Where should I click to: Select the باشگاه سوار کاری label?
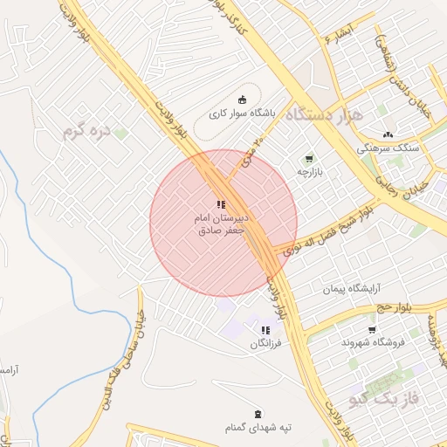(242, 113)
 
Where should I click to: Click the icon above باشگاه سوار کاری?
(242, 99)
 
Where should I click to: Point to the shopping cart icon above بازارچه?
(308, 158)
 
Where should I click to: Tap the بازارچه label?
(308, 172)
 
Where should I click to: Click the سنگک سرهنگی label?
(389, 148)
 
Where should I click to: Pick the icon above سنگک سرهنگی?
(389, 134)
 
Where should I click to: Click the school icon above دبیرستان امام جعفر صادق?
(220, 204)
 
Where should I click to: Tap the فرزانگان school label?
(265, 345)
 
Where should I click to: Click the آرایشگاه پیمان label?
(354, 288)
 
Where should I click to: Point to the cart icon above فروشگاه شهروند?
(373, 329)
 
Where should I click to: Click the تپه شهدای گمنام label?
(258, 428)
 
